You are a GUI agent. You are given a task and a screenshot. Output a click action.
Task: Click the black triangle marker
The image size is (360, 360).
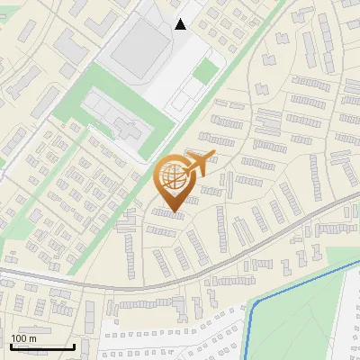pos(181,24)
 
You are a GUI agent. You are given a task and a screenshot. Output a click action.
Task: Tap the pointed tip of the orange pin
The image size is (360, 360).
pos(173,212)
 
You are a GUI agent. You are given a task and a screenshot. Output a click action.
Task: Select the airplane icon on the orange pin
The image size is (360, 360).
pos(199,164)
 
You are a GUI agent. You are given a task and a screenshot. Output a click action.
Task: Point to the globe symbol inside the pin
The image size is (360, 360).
pos(173,178)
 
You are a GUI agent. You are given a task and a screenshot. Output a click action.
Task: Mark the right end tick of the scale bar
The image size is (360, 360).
pos(74,346)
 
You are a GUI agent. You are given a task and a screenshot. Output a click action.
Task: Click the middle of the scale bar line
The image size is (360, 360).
pos(41,347)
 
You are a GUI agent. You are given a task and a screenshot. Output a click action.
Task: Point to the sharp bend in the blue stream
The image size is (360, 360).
pos(256,301)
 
